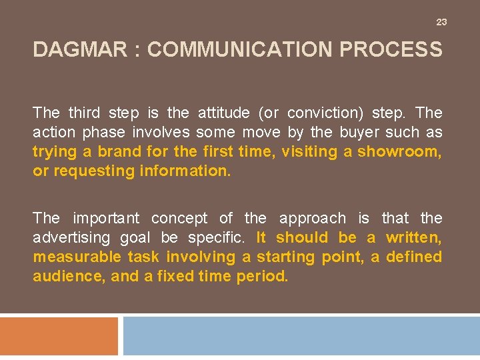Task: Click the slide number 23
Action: pos(441,22)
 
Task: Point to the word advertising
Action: pos(67,237)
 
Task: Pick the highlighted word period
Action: pos(263,276)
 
